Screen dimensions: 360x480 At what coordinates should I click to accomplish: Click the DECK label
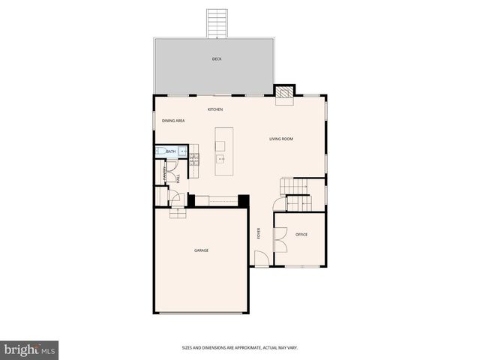click(x=217, y=59)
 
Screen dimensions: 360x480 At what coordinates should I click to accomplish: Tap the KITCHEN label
click(x=215, y=110)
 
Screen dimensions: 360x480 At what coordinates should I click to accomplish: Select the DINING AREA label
click(x=173, y=121)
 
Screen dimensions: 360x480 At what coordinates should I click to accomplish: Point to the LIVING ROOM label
click(x=281, y=139)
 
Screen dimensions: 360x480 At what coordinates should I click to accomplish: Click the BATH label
click(x=171, y=151)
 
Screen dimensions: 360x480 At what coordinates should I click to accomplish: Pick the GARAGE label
click(x=201, y=250)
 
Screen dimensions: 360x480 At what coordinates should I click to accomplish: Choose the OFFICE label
click(x=301, y=235)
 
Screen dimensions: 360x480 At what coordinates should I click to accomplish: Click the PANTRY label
click(x=165, y=172)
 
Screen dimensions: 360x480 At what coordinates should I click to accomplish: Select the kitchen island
click(x=223, y=151)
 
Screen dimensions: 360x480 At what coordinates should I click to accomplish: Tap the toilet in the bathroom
click(x=160, y=151)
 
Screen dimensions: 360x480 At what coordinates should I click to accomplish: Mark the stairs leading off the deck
click(x=217, y=23)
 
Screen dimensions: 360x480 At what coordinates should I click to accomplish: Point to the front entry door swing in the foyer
click(x=259, y=259)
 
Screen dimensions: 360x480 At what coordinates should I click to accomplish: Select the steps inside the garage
click(x=177, y=214)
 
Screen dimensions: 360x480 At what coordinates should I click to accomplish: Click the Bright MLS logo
click(x=30, y=349)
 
